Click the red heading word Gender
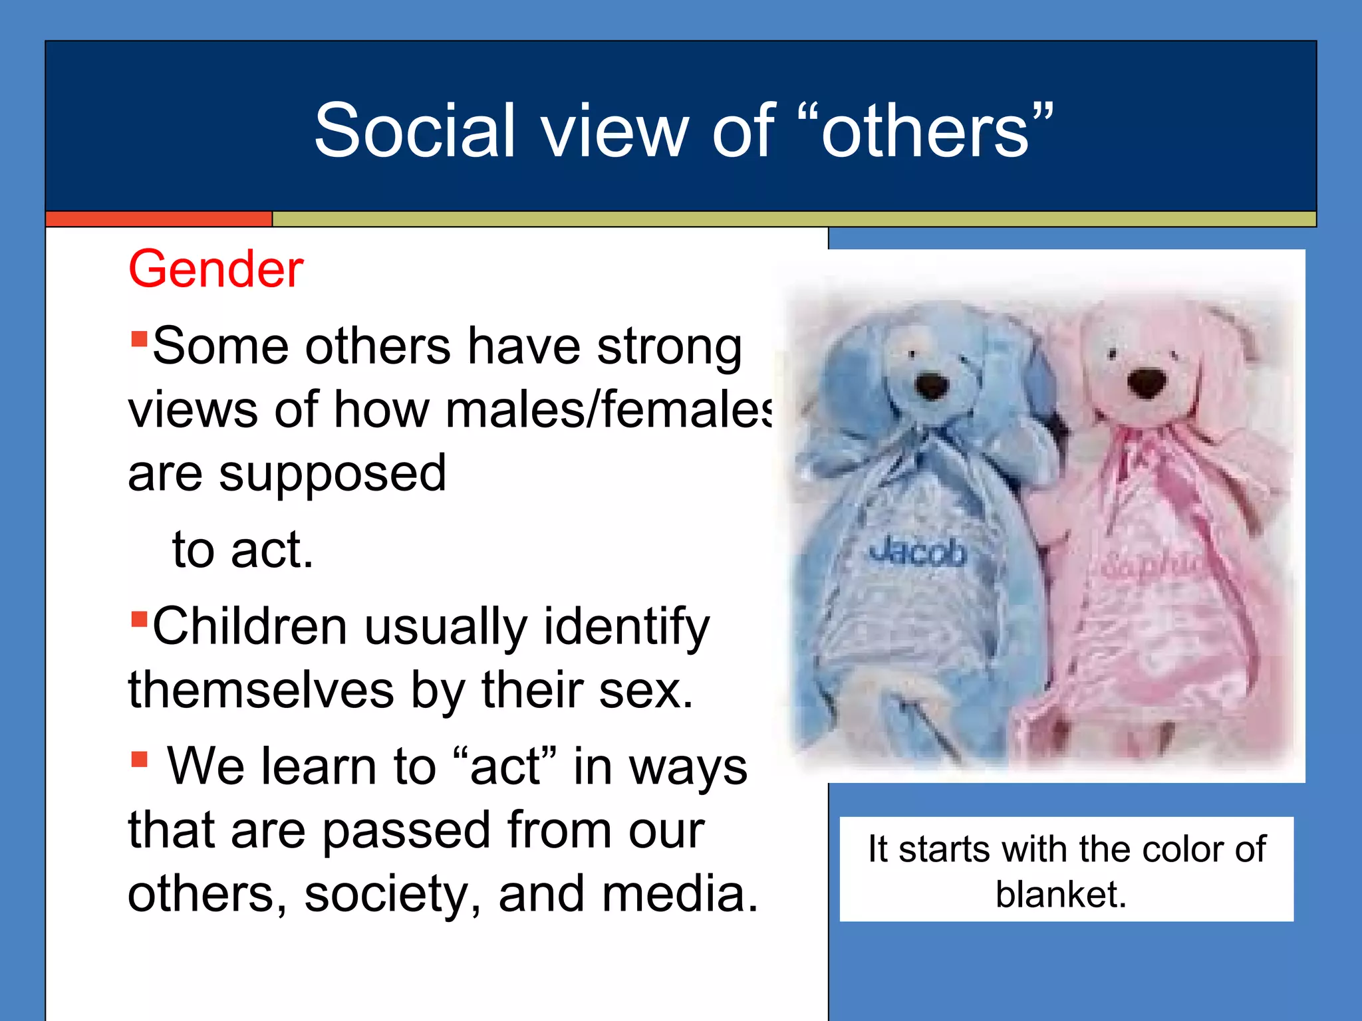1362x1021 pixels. point(215,269)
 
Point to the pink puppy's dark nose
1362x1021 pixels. point(1147,382)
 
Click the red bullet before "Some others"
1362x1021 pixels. point(139,340)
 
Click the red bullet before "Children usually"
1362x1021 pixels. point(139,620)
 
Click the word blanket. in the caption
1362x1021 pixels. point(1061,894)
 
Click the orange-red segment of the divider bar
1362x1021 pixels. point(159,219)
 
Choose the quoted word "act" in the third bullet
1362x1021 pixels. point(503,766)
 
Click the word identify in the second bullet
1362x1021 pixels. point(626,627)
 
